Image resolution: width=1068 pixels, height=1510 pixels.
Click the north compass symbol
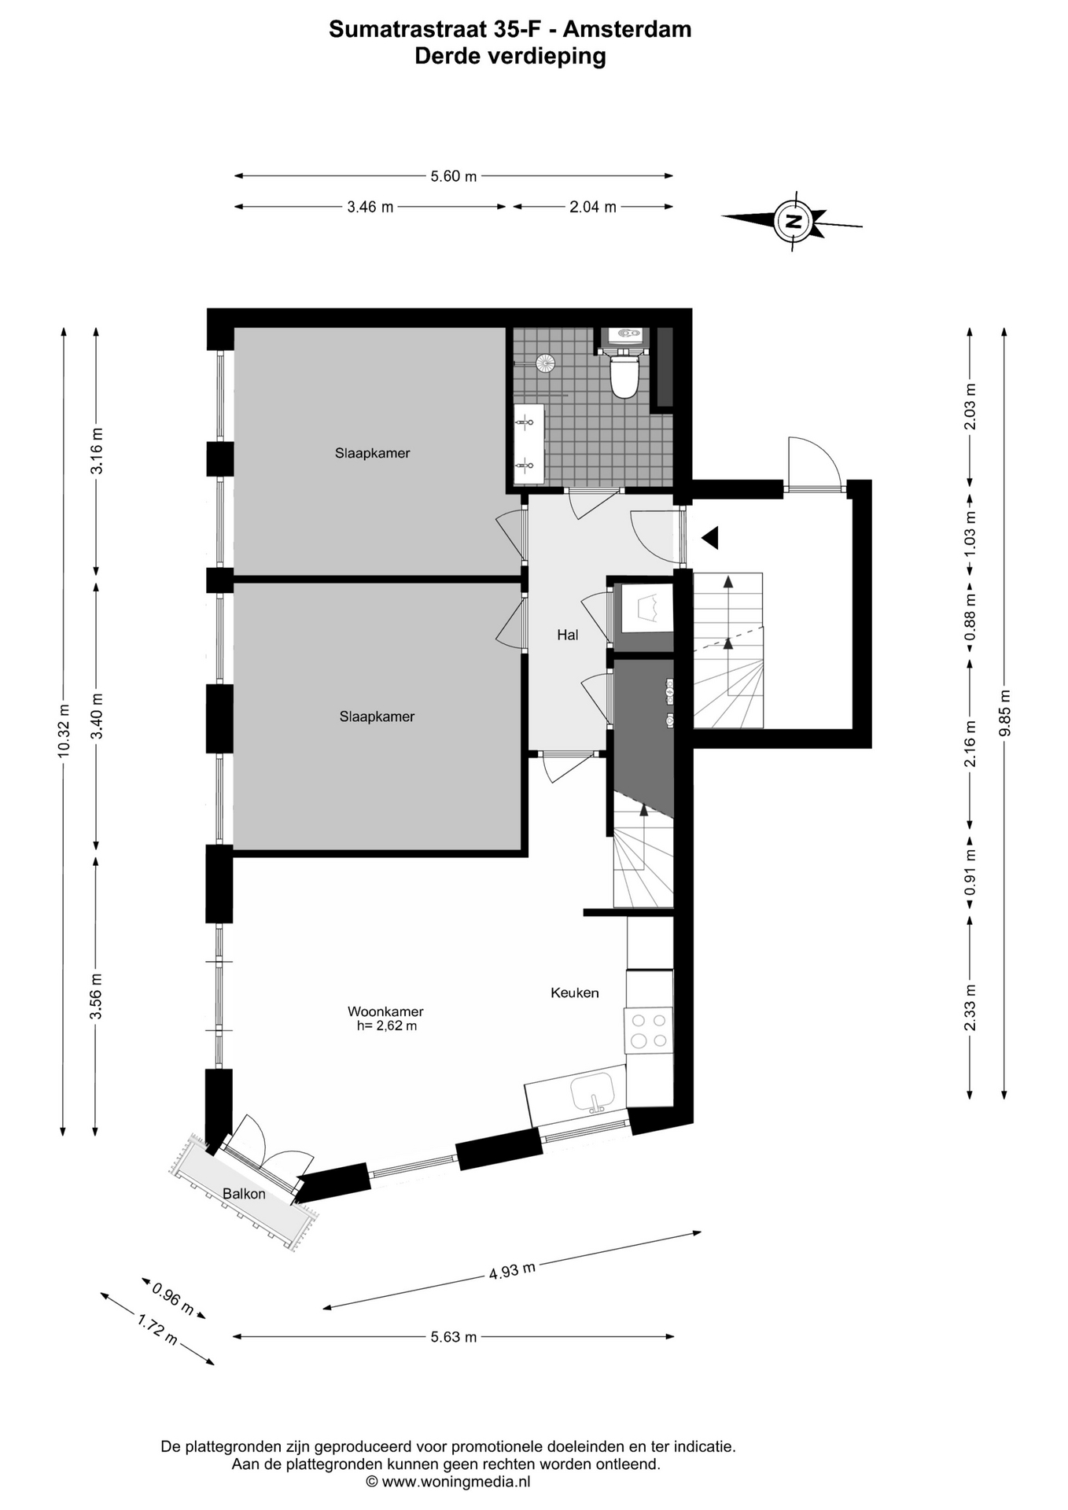pyautogui.click(x=793, y=221)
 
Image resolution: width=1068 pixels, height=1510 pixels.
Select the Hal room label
pyautogui.click(x=568, y=635)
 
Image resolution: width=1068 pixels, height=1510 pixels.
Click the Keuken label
pyautogui.click(x=575, y=993)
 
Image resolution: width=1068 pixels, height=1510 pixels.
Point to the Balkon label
pyautogui.click(x=244, y=1194)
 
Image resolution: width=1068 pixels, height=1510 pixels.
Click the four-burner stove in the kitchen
pyautogui.click(x=649, y=1031)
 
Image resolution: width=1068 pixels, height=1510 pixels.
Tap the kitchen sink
pyautogui.click(x=593, y=1092)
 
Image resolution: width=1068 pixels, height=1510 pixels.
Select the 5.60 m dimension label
pyautogui.click(x=454, y=176)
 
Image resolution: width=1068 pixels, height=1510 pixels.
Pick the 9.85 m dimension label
pyautogui.click(x=1004, y=713)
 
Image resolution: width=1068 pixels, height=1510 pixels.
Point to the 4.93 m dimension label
pyautogui.click(x=513, y=1271)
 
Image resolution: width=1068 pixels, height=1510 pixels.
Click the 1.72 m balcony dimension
pyautogui.click(x=157, y=1329)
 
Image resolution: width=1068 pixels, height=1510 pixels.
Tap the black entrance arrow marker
pyautogui.click(x=711, y=538)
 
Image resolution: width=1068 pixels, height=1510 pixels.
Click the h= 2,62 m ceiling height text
pyautogui.click(x=386, y=1026)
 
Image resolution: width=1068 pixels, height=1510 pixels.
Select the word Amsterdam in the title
pyautogui.click(x=628, y=30)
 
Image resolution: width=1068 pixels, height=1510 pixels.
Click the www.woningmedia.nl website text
pyautogui.click(x=456, y=1482)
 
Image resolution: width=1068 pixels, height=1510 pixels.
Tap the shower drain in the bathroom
pyautogui.click(x=545, y=363)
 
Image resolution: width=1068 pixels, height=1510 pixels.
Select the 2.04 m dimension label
pyautogui.click(x=593, y=207)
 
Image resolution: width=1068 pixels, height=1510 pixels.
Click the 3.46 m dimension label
pyautogui.click(x=370, y=207)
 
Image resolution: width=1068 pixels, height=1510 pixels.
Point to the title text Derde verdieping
pyautogui.click(x=510, y=57)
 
